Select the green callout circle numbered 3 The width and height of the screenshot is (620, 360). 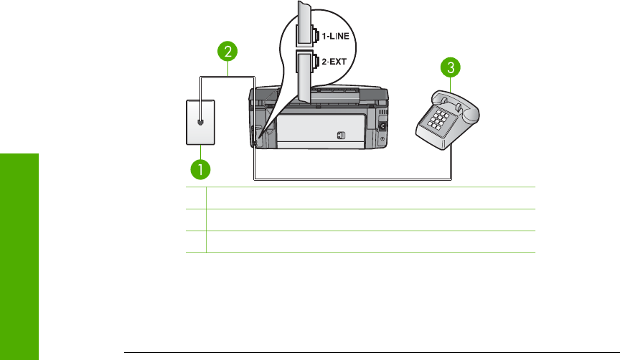[x=449, y=69]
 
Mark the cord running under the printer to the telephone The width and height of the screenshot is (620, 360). [x=352, y=178]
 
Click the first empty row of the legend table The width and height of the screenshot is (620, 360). [x=370, y=198]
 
